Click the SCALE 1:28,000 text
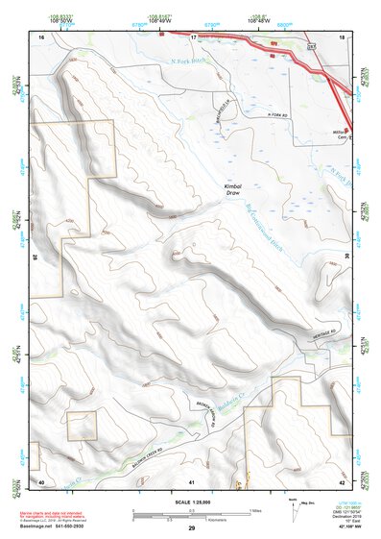[192, 502]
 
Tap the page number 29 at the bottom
[192, 528]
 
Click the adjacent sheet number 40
[41, 480]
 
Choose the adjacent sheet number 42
[341, 480]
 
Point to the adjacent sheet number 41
[192, 480]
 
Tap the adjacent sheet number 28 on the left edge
[35, 257]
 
